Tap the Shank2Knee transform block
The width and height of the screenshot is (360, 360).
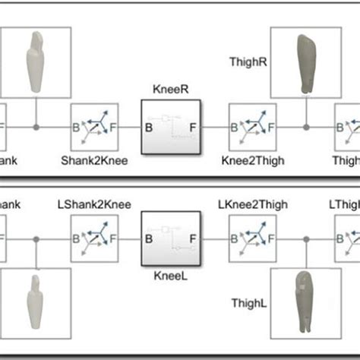tap(94, 125)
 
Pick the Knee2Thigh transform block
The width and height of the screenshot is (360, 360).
tap(252, 125)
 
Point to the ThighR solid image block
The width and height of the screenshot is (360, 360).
tap(305, 63)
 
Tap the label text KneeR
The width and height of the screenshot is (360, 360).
tap(170, 88)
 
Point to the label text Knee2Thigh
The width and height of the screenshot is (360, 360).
tap(252, 160)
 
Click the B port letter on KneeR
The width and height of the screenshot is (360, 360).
tap(149, 127)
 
